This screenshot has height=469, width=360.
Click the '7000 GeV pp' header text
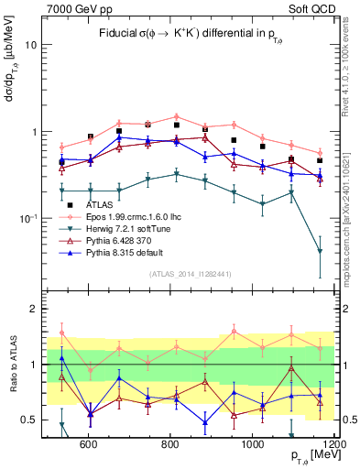[x=75, y=9]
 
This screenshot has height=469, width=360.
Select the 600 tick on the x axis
[x=89, y=445]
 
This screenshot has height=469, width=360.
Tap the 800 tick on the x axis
[x=170, y=445]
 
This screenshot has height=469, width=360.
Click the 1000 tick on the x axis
[x=252, y=445]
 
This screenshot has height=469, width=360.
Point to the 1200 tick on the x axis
[x=333, y=445]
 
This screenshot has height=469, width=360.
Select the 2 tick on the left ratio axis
[x=33, y=309]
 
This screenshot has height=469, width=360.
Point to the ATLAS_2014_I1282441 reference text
[x=190, y=274]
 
